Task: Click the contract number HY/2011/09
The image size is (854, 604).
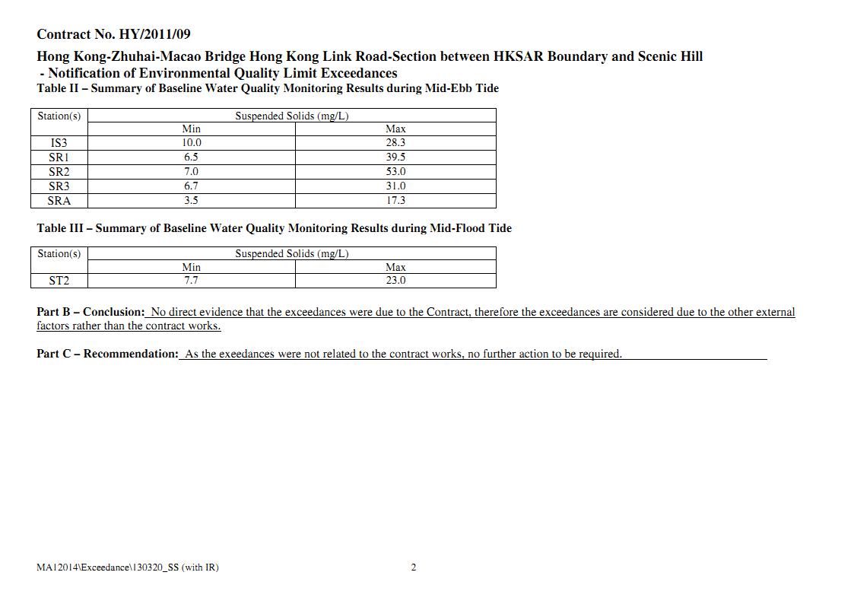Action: tap(154, 34)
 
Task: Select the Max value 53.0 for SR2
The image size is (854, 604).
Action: tap(395, 172)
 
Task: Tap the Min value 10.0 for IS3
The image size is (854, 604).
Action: tap(191, 143)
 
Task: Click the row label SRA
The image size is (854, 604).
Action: tap(59, 201)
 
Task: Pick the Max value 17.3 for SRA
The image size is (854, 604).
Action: tap(395, 201)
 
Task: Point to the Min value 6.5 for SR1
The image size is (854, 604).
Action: tap(191, 157)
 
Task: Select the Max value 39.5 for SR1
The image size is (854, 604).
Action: tap(395, 157)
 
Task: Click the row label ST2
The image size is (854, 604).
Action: tap(59, 281)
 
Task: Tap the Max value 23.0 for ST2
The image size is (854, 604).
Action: tap(395, 281)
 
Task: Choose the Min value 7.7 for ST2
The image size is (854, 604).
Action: tap(191, 281)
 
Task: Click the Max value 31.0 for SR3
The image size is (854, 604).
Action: tap(395, 186)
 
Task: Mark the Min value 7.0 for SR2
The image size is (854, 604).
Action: tap(191, 172)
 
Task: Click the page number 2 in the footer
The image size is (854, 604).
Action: tap(414, 567)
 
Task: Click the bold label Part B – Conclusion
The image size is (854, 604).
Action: tap(90, 312)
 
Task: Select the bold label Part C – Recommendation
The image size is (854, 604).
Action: tap(107, 354)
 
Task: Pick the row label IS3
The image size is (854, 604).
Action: tap(59, 143)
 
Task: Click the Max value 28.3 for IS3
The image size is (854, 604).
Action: tap(395, 143)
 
